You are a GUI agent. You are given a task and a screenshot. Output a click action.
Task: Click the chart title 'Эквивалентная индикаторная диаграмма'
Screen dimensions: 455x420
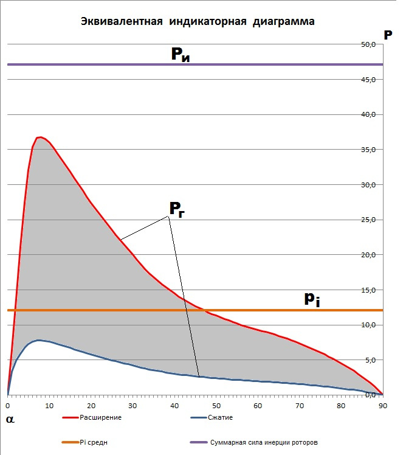tap(198, 22)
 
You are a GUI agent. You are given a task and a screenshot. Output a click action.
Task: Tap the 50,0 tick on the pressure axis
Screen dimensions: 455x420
tap(368, 44)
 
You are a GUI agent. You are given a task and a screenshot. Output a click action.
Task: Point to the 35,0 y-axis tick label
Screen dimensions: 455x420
tap(368, 150)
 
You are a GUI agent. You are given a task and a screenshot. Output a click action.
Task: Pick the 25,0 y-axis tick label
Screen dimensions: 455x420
tap(368, 220)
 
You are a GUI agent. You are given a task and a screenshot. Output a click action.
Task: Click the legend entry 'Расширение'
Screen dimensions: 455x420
tap(101, 418)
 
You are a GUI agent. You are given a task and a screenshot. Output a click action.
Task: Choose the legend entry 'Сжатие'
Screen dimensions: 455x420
tap(221, 418)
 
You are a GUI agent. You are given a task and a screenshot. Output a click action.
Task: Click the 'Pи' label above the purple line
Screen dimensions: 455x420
tap(179, 55)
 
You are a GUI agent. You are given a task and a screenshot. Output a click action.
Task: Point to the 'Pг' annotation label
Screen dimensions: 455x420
tap(177, 209)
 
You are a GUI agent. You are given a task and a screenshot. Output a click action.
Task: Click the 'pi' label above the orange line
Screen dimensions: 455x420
tap(312, 298)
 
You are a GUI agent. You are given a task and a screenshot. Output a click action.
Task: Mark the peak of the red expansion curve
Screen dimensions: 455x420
tap(40, 137)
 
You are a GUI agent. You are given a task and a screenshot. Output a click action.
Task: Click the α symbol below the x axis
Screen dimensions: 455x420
tap(10, 419)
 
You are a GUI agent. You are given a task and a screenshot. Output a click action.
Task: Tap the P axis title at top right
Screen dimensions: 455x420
tap(388, 34)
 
